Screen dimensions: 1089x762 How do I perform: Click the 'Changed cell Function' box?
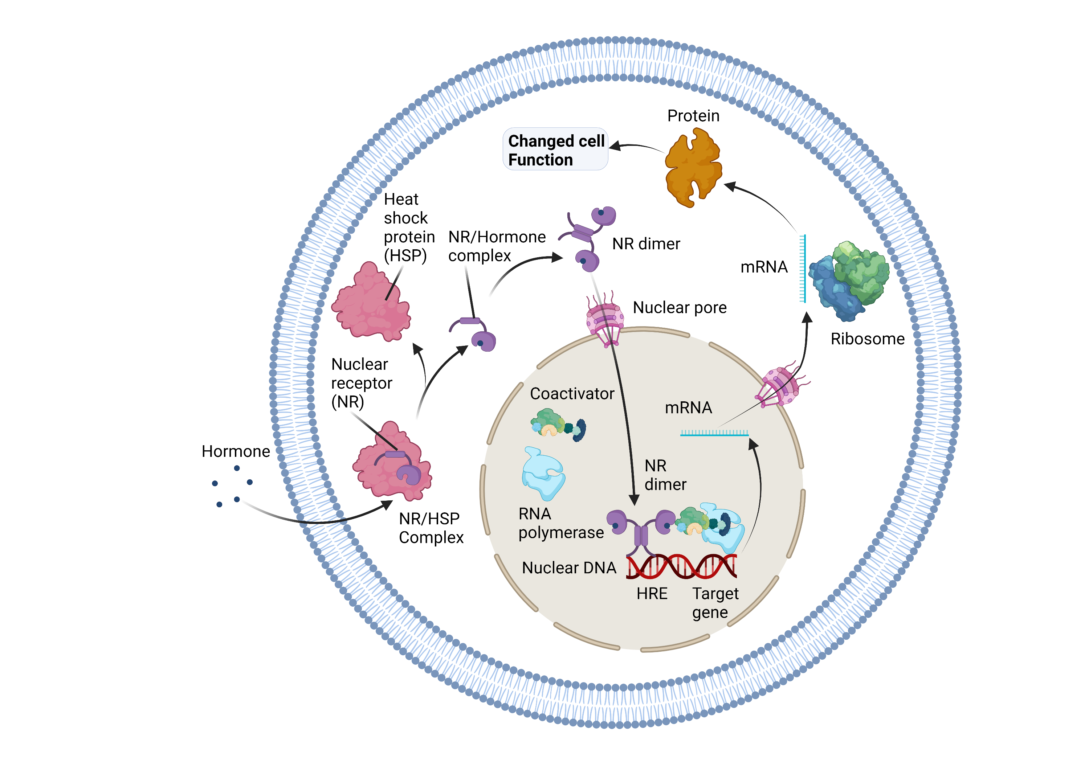tap(555, 149)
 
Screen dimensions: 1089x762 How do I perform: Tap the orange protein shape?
tap(693, 168)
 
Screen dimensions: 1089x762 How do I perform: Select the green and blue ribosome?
tap(849, 280)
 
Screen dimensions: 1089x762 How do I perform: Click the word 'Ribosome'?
tap(868, 339)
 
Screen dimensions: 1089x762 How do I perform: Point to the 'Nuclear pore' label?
tap(680, 307)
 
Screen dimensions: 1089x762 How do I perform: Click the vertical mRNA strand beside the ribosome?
tap(803, 269)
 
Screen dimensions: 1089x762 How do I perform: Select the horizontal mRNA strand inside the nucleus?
tap(714, 433)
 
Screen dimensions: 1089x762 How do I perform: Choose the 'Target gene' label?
tap(715, 603)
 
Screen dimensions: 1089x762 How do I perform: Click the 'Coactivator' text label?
tap(572, 394)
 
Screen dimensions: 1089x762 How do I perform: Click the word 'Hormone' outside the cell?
tap(236, 451)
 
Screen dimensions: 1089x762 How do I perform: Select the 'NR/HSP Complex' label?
tap(431, 528)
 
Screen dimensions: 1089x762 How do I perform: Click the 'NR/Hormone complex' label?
tap(497, 246)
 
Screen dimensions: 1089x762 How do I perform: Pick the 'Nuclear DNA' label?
tap(569, 568)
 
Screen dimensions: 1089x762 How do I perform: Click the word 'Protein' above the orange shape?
tap(693, 116)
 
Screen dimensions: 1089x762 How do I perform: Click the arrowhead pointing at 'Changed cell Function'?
tap(615, 146)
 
